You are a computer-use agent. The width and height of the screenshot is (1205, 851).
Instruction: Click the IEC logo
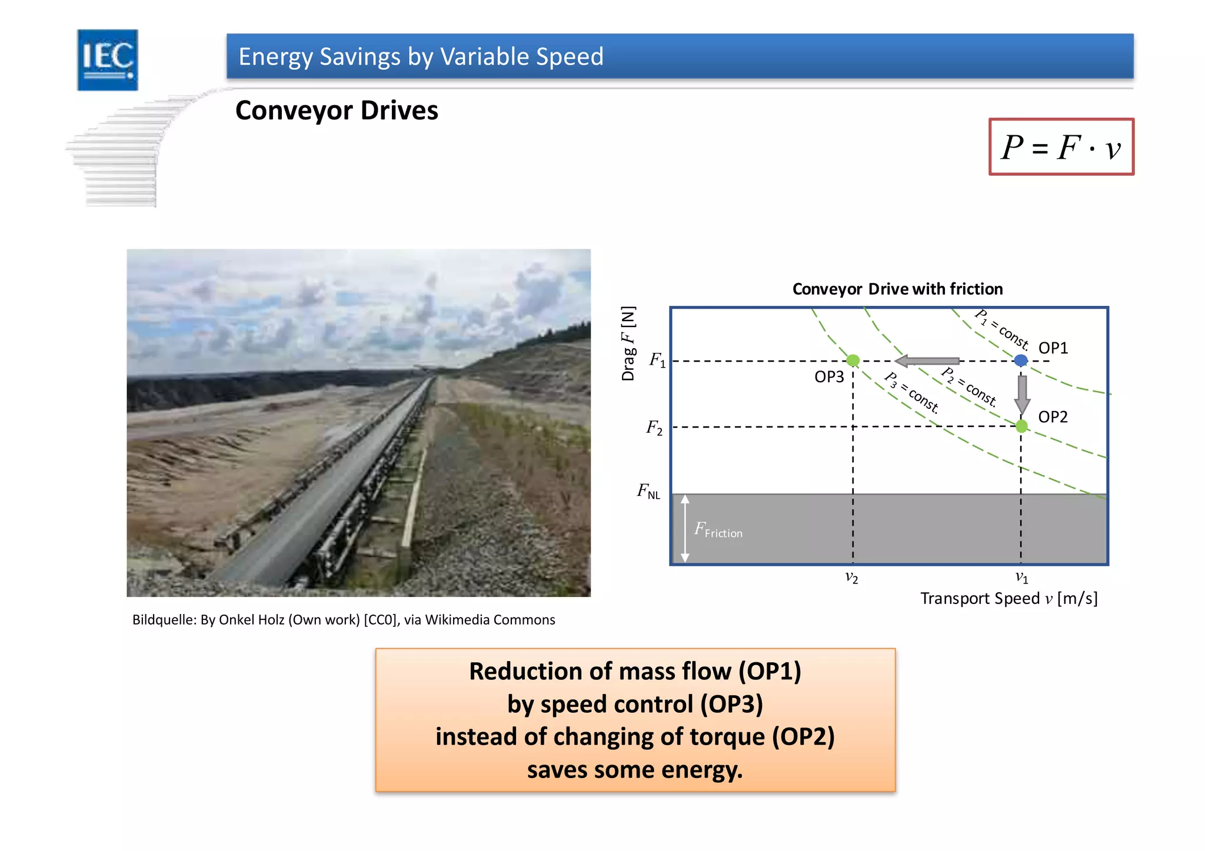coord(108,60)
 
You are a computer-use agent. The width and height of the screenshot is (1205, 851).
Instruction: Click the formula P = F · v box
coord(1061,147)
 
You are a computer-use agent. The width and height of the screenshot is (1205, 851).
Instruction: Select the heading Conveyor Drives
coord(337,111)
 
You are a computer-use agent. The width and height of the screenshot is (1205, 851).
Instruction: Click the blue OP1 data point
coord(1021,360)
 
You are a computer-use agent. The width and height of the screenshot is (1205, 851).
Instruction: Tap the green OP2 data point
coord(1021,426)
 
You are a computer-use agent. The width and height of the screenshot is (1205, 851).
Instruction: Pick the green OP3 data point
coord(853,361)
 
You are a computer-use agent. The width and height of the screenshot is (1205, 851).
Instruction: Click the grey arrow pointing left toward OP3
coord(927,361)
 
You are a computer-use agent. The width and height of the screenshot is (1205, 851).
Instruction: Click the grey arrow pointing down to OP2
coord(1022,394)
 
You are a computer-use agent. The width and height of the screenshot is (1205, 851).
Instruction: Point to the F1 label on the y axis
coord(657,359)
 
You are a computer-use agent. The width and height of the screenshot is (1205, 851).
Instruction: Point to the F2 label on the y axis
coord(654,428)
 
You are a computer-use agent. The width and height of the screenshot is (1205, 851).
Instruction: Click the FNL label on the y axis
coord(648,491)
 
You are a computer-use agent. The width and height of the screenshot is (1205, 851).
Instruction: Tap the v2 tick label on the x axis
coord(851,578)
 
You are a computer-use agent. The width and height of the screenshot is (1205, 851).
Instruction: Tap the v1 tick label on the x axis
coord(1022,578)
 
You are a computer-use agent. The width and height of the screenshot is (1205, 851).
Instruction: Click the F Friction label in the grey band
coord(718,530)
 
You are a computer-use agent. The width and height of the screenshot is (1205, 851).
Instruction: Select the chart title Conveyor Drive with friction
coord(897,289)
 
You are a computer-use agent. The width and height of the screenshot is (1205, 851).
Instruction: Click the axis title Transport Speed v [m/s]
coord(1008,599)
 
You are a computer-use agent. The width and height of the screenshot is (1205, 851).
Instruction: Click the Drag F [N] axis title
coord(628,343)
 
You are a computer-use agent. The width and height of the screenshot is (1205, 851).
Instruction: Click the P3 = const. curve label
coord(913,393)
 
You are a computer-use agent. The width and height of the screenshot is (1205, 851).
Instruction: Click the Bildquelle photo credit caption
coord(344,620)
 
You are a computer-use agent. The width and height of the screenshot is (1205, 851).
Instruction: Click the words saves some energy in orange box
coord(635,770)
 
